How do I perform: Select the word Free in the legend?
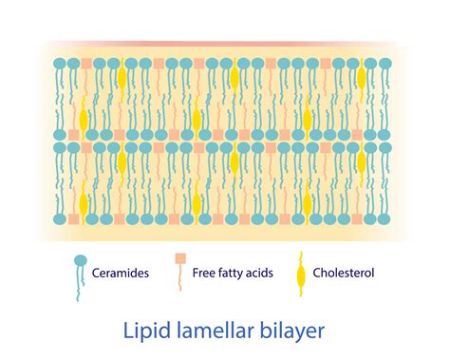(206, 273)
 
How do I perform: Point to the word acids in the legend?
(261, 273)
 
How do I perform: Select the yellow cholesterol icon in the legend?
(303, 275)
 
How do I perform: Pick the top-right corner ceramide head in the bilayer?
(384, 64)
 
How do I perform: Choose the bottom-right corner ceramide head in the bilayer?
(384, 218)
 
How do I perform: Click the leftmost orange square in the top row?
(86, 64)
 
